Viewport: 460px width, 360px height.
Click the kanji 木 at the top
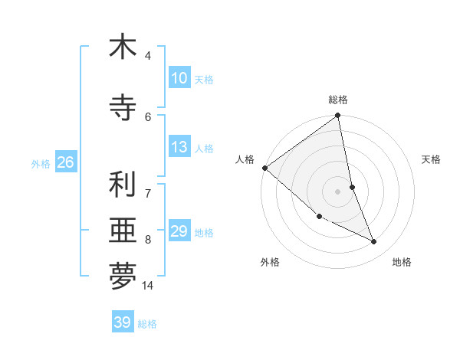pyautogui.click(x=123, y=47)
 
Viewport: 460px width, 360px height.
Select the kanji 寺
pyautogui.click(x=123, y=107)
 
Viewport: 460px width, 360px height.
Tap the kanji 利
pyautogui.click(x=123, y=184)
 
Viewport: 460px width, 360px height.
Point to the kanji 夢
pyautogui.click(x=123, y=277)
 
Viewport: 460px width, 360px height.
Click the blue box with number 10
pyautogui.click(x=179, y=78)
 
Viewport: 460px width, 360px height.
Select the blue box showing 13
pyautogui.click(x=179, y=147)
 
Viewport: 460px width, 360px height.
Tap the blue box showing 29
pyautogui.click(x=179, y=231)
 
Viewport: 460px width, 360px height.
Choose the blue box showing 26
pyautogui.click(x=65, y=162)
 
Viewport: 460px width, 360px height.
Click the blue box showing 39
pyautogui.click(x=123, y=322)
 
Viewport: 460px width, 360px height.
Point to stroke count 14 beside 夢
pyautogui.click(x=148, y=286)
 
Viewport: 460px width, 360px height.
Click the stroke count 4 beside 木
pyautogui.click(x=148, y=56)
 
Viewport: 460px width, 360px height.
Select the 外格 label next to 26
pyautogui.click(x=41, y=163)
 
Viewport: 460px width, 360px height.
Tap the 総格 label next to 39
pyautogui.click(x=147, y=324)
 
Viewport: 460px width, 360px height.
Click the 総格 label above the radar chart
pyautogui.click(x=338, y=100)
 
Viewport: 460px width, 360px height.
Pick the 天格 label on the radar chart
pyautogui.click(x=431, y=159)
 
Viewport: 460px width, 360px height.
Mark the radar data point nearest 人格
pyautogui.click(x=264, y=168)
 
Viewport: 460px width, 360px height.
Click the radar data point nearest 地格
pyautogui.click(x=374, y=241)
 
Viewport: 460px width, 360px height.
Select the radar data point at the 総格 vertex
pyautogui.click(x=338, y=116)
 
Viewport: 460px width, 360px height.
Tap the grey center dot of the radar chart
pyautogui.click(x=338, y=191)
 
